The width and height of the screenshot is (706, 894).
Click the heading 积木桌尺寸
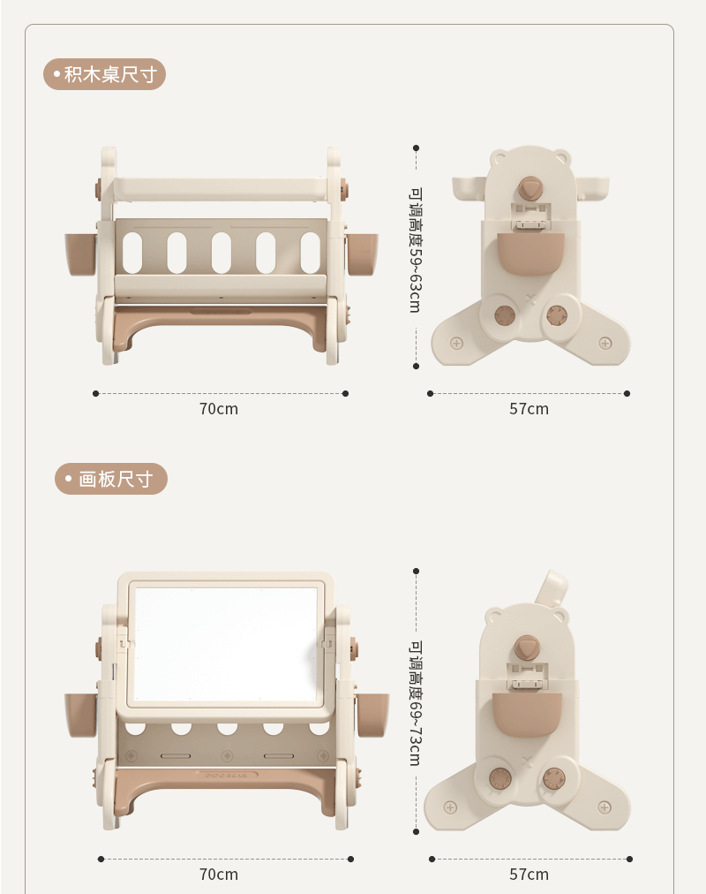[x=110, y=74]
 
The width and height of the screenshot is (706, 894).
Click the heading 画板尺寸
[x=116, y=479]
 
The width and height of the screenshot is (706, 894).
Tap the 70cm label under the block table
[x=219, y=409]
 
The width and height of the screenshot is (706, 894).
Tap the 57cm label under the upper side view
[x=529, y=409]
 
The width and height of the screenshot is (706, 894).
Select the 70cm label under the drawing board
[x=219, y=874]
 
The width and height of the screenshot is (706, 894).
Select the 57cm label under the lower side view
[x=529, y=874]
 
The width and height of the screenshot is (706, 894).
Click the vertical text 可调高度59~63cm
[x=416, y=250]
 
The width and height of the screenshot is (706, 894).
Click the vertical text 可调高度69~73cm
[x=416, y=703]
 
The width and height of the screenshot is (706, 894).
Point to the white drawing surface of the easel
[x=225, y=644]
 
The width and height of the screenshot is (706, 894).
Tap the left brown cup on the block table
[x=80, y=254]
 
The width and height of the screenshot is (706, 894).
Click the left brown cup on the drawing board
[x=80, y=715]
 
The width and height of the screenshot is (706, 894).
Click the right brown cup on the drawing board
[x=373, y=715]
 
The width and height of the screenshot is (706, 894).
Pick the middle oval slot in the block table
[x=222, y=253]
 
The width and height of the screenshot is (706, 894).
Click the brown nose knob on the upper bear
[x=529, y=188]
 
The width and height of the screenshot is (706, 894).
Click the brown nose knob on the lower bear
[x=526, y=648]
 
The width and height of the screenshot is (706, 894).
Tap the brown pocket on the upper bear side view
[x=530, y=254]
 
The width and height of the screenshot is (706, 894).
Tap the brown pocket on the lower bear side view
[x=527, y=714]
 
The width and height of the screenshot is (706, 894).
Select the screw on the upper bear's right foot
[x=605, y=344]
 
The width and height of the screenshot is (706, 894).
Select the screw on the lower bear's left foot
[x=450, y=807]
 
